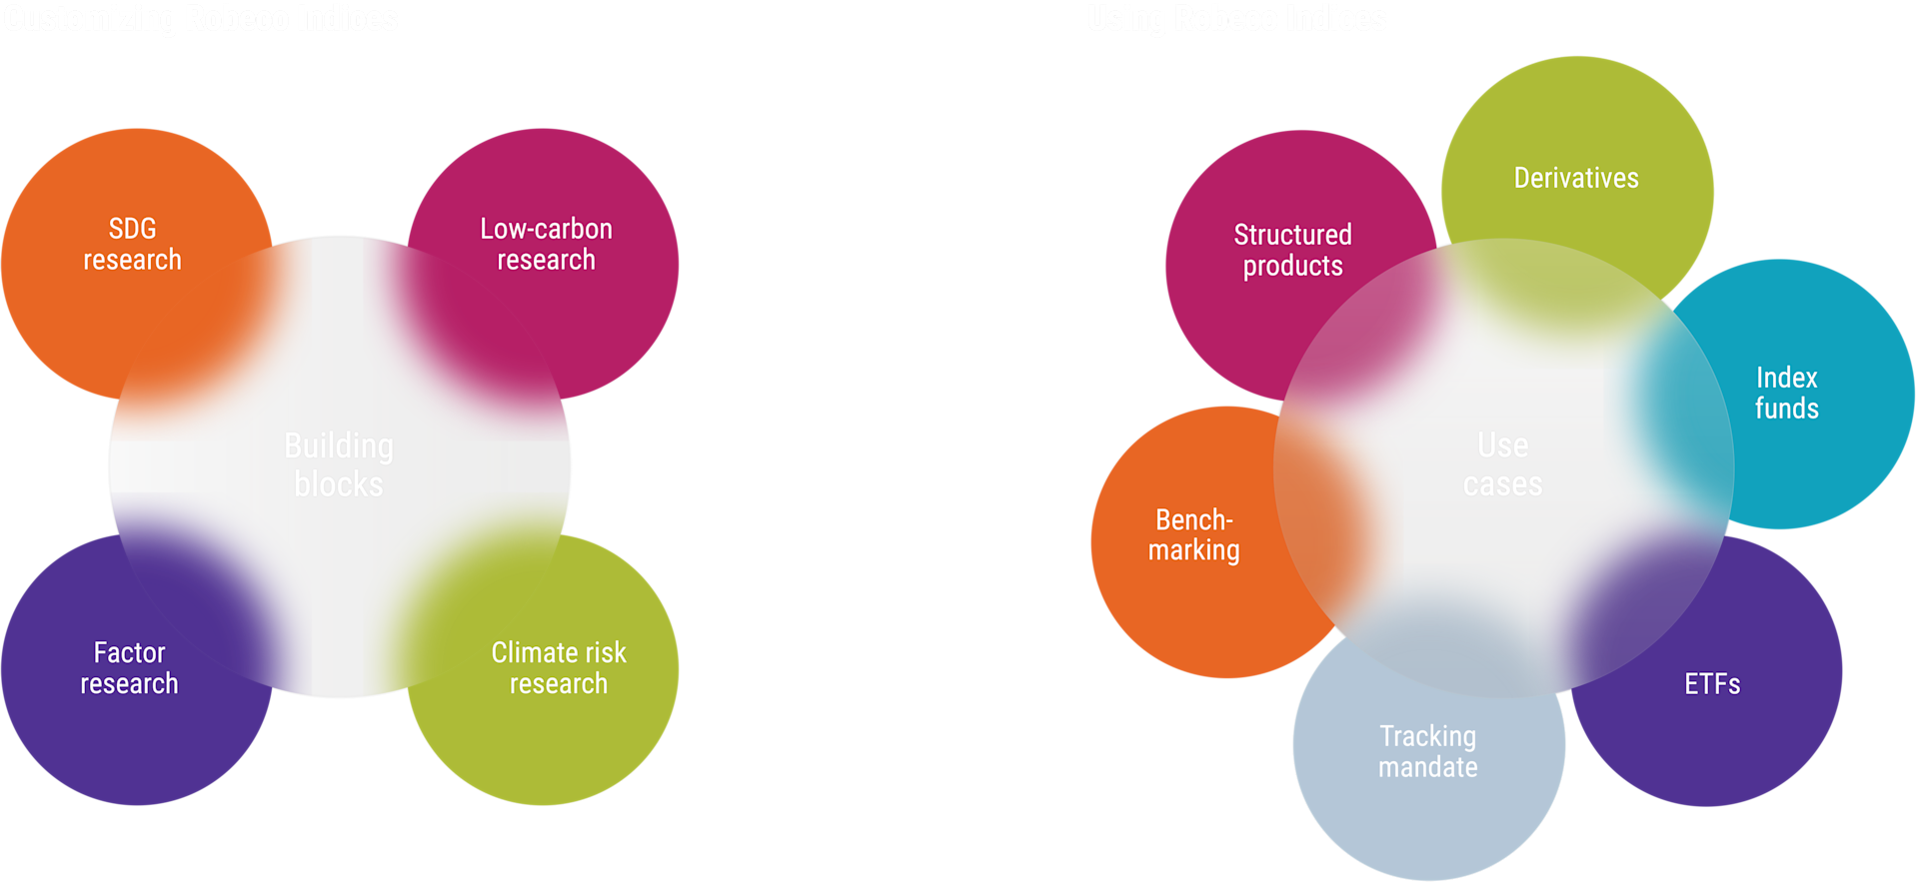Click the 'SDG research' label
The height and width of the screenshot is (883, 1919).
(132, 244)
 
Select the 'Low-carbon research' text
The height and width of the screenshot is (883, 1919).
(546, 244)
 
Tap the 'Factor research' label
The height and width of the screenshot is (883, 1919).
(129, 668)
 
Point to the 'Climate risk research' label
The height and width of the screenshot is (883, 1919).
(558, 668)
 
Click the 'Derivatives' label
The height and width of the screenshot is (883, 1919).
(1576, 178)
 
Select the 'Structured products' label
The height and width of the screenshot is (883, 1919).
(1292, 250)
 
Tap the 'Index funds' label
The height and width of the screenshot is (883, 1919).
(1786, 393)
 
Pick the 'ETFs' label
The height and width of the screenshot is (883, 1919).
(1712, 684)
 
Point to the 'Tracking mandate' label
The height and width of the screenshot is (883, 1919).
(1427, 751)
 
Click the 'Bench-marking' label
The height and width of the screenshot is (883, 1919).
(1193, 534)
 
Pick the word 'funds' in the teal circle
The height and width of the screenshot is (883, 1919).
(1786, 409)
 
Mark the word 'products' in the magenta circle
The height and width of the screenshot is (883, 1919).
(1292, 267)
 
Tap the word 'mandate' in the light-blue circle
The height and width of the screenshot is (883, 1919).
(1427, 767)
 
